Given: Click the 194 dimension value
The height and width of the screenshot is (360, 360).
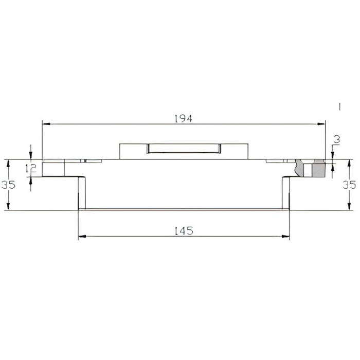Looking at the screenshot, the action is click(183, 119).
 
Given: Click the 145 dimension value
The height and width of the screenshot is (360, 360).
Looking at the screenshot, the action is click(184, 231).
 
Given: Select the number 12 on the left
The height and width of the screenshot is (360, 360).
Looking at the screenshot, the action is click(31, 169).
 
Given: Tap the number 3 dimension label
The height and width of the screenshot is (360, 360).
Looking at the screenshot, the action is click(337, 140).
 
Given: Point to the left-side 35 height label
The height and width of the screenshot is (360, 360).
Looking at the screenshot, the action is click(9, 185).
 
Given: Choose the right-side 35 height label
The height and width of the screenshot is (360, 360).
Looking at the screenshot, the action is click(349, 185).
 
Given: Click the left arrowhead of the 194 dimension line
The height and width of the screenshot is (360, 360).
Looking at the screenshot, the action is click(47, 124).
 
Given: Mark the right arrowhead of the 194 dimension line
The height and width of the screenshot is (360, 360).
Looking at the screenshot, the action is click(321, 124).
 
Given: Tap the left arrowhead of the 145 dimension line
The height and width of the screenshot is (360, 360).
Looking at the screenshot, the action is click(82, 236).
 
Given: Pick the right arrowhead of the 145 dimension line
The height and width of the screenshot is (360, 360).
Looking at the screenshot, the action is click(285, 236).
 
